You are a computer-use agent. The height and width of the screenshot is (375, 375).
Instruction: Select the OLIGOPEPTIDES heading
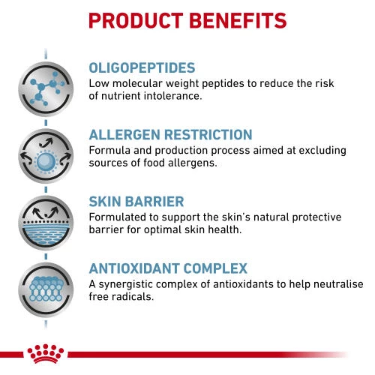[142, 67]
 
